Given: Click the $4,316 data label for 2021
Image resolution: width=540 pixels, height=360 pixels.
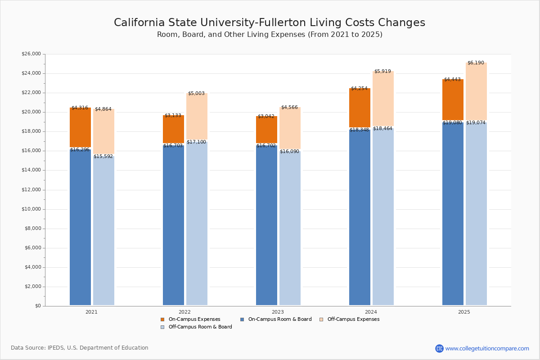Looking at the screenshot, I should point(80,108).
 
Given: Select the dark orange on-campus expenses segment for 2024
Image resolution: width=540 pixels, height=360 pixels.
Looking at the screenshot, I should point(360,108).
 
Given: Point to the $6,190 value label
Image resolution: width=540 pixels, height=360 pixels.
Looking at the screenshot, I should point(476,63).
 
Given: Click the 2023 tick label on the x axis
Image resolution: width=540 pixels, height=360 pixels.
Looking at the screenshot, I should point(278,312).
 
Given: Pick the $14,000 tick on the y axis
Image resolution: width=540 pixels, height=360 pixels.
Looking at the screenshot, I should point(31,170).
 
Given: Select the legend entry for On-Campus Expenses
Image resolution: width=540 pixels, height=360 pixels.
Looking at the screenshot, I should point(194,319).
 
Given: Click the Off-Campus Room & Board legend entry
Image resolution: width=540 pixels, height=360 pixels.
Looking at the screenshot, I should point(200,327).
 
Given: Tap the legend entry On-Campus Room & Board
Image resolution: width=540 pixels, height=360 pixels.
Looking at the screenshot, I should point(279,319).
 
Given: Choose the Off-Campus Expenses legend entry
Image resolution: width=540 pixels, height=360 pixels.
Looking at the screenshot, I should point(353,319).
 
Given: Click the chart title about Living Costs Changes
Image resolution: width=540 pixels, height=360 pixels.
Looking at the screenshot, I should point(269,23).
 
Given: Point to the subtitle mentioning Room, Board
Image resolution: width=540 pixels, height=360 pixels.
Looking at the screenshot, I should point(269,35).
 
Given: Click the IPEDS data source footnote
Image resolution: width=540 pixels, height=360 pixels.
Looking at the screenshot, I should point(80,348).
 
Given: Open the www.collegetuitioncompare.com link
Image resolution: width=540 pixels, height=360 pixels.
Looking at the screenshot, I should point(487,348).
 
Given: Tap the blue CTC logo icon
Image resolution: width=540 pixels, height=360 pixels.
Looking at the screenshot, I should point(439,348).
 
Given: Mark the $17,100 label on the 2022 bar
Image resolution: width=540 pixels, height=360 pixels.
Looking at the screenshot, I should point(196,142).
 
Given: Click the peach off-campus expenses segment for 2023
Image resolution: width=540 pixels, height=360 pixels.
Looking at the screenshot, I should point(290,128).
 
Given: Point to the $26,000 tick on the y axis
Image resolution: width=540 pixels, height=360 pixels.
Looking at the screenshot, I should point(31,54).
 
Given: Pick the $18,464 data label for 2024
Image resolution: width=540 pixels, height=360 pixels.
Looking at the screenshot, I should point(382,129).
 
